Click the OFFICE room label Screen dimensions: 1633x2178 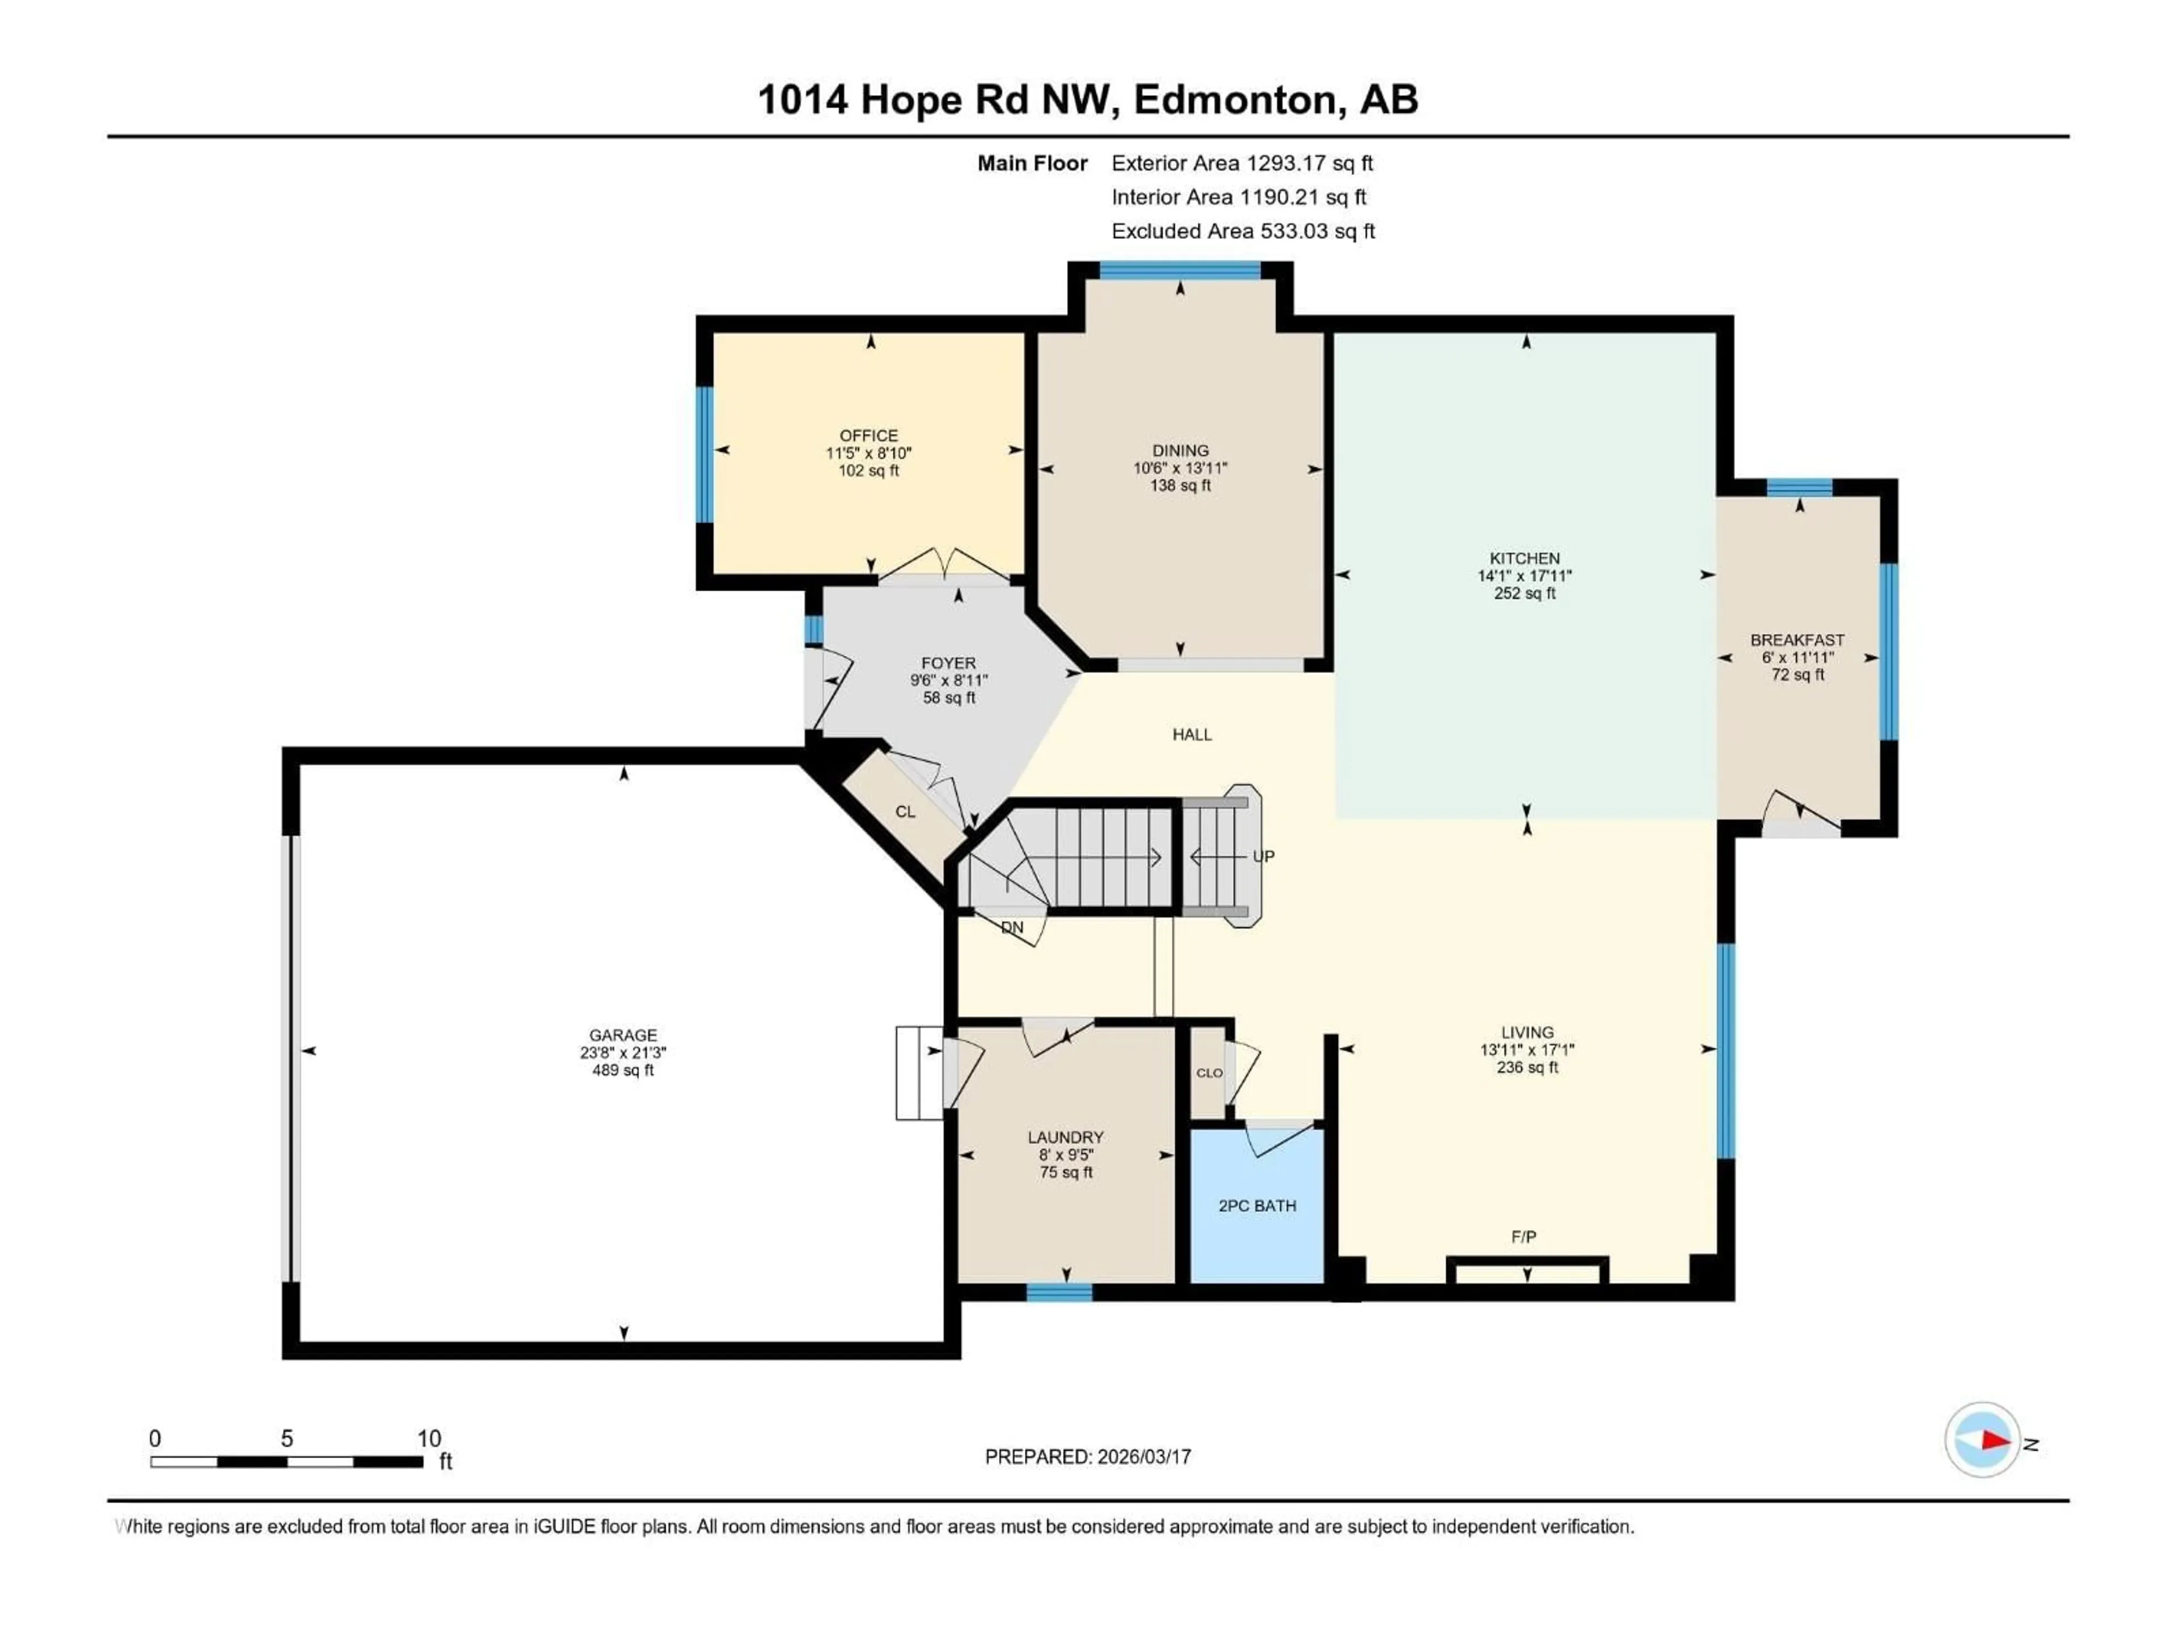(868, 435)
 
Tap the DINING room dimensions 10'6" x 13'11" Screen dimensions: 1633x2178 (1180, 468)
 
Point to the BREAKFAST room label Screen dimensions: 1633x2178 (1797, 640)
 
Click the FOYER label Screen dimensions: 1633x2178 (948, 663)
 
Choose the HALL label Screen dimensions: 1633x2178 (1192, 734)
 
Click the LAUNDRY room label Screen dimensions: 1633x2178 (1065, 1137)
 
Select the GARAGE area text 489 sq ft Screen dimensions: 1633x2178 (622, 1070)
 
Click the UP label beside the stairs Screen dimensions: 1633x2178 (1263, 856)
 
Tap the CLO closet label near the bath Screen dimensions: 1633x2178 (1209, 1073)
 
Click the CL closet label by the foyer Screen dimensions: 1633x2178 (905, 812)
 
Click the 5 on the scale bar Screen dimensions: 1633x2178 (286, 1438)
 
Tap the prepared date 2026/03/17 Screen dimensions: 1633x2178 (1143, 1457)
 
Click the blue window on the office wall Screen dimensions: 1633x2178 (704, 454)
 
